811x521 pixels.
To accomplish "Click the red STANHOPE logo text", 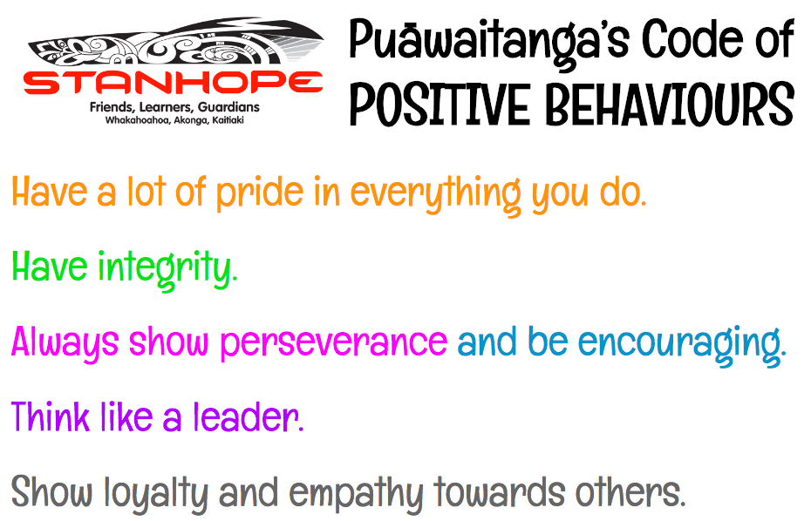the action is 174,83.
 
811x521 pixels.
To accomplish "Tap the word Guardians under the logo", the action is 228,107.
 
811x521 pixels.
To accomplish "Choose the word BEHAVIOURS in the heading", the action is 670,104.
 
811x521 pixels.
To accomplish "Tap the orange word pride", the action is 260,193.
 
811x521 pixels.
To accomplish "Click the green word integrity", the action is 168,268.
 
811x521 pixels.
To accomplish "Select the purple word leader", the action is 249,416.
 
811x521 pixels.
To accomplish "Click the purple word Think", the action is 50,416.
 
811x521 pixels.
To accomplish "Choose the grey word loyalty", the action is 156,494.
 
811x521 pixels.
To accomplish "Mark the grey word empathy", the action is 356,494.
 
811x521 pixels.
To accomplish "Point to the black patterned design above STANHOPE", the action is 176,44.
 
